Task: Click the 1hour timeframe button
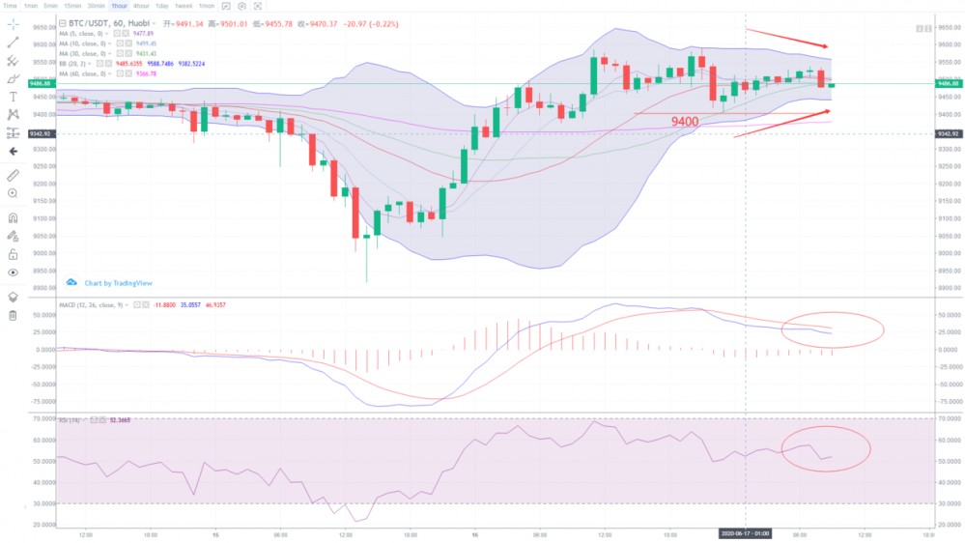(119, 6)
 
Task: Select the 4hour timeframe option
(140, 6)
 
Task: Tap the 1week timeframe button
(184, 6)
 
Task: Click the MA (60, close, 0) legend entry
(83, 73)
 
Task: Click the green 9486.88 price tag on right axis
(948, 84)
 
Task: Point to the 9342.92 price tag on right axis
(948, 133)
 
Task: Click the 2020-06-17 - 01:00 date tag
(744, 532)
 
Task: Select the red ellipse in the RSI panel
(826, 448)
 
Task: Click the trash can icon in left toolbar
(13, 315)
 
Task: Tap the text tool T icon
(13, 97)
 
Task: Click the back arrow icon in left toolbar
(13, 152)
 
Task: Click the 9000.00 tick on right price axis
(949, 253)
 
